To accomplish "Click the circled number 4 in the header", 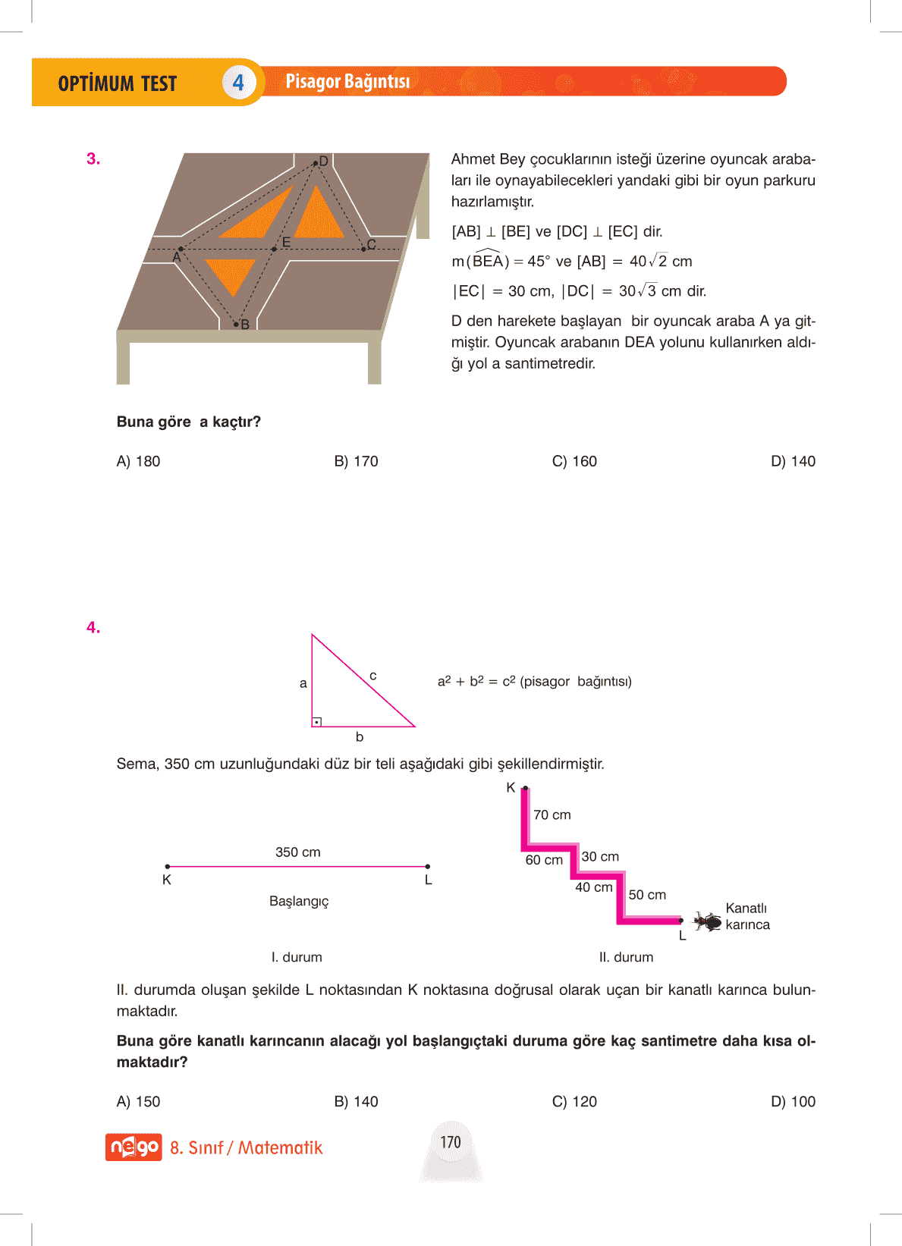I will tap(238, 82).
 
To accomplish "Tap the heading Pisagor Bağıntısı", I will tap(347, 81).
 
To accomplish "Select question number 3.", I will tap(93, 158).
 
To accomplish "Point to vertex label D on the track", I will tap(323, 161).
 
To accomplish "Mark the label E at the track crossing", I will tap(286, 242).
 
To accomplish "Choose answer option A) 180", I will tap(138, 461).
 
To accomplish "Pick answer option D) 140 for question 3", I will tap(793, 461).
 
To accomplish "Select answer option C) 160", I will tap(574, 461).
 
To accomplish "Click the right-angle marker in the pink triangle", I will tap(317, 721).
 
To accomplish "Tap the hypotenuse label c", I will tap(373, 675).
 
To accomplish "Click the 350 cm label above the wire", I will tap(297, 852).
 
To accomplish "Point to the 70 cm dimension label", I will tap(552, 814).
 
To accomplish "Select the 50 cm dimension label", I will tap(647, 895).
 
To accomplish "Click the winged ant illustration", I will tap(708, 921).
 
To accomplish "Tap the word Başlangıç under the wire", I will tap(299, 901).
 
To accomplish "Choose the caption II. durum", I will tap(626, 957).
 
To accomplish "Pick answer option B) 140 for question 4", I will tap(356, 1101).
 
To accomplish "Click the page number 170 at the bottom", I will tap(451, 1142).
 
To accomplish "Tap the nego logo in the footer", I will tap(134, 1147).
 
